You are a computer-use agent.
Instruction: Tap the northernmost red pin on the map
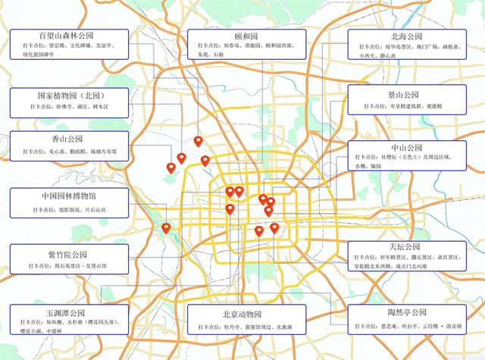(198, 140)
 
